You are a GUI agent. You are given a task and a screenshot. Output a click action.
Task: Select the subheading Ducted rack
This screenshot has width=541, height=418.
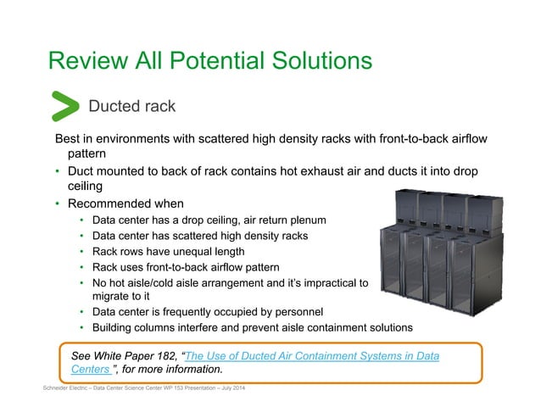tap(132, 107)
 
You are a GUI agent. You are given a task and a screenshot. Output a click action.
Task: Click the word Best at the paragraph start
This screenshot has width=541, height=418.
tap(70, 139)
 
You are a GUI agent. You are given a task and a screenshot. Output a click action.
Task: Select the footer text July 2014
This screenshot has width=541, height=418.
tap(224, 388)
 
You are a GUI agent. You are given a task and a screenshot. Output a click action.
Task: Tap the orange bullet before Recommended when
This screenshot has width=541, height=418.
tap(58, 204)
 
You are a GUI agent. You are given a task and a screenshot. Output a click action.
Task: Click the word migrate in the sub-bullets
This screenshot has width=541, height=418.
tap(111, 297)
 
